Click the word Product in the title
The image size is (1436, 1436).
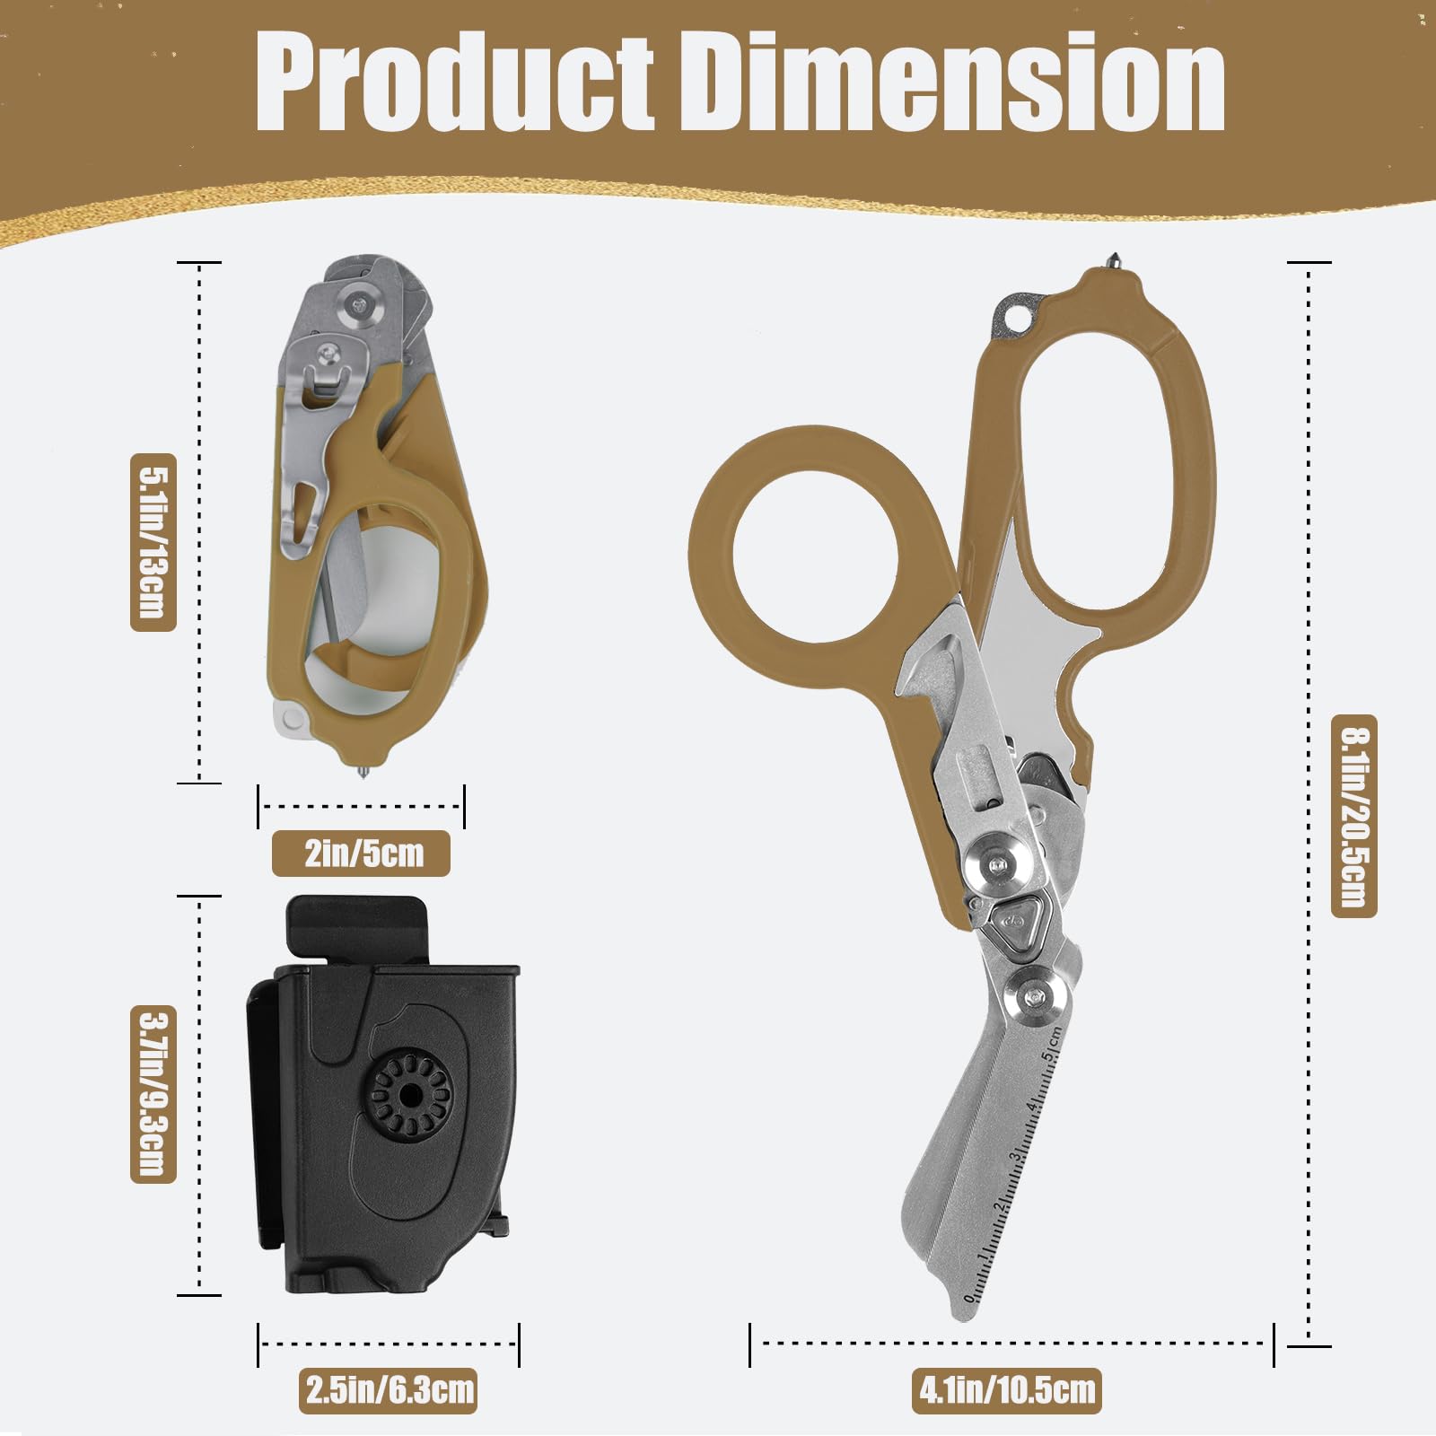point(455,83)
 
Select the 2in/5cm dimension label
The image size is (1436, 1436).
point(362,853)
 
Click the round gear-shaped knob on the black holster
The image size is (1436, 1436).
point(408,1095)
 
